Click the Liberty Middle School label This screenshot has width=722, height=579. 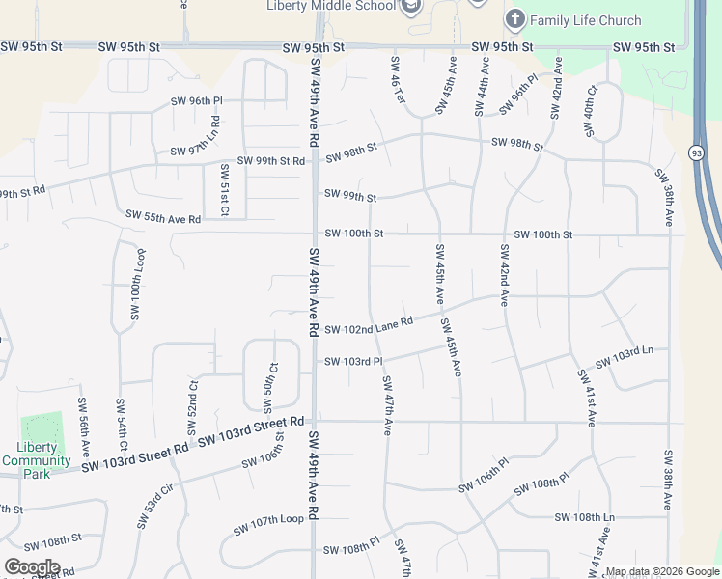331,6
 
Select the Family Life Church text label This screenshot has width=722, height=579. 586,20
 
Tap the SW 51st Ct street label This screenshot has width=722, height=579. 224,190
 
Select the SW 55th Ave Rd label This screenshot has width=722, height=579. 163,217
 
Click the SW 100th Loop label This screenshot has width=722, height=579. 138,285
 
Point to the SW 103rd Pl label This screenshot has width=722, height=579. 353,361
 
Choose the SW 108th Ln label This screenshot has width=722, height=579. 585,518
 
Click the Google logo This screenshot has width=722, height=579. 32,567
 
